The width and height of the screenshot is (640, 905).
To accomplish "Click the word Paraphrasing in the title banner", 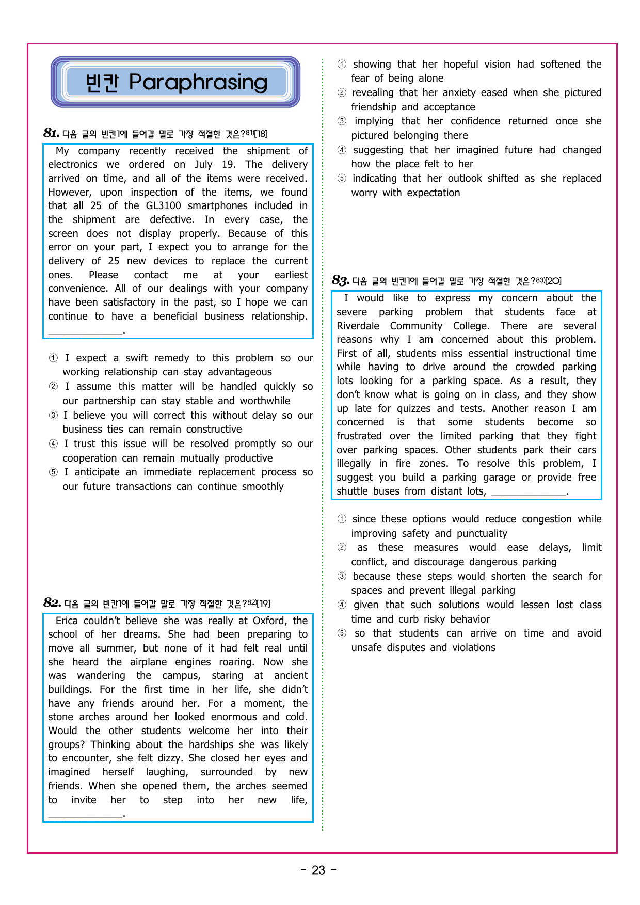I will [198, 83].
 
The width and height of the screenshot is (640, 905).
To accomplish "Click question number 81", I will [51, 133].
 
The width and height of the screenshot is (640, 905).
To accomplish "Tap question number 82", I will [52, 603].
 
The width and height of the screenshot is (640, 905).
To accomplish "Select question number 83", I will [341, 281].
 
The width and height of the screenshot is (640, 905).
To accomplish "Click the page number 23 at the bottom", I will [318, 870].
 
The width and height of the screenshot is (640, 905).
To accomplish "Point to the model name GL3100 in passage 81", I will [164, 206].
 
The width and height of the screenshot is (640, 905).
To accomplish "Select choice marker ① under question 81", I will [53, 358].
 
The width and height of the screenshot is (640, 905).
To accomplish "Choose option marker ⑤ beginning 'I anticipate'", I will [53, 472].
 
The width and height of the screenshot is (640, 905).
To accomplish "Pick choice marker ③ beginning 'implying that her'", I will [342, 121].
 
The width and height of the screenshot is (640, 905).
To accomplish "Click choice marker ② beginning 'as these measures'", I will [342, 548].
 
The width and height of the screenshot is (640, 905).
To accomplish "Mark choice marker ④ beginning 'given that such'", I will [342, 605].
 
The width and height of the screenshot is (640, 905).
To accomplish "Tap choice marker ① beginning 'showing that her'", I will [342, 65].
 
